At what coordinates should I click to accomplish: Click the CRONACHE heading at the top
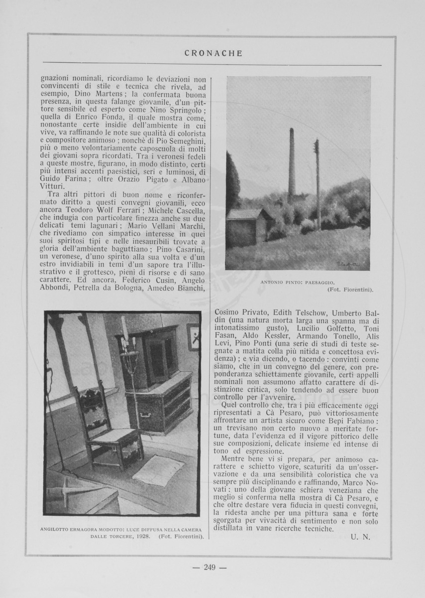[x=212, y=53]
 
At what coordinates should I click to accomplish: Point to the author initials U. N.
[x=361, y=537]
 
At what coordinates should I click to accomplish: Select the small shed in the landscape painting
[x=247, y=227]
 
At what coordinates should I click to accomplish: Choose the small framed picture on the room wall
[x=193, y=336]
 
